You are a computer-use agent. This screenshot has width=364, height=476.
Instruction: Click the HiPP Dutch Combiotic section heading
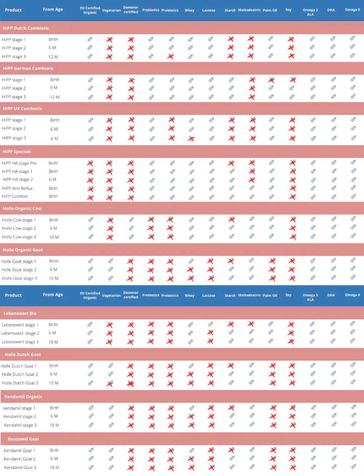[x=25, y=28]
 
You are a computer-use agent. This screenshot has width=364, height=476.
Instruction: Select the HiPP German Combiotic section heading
[x=28, y=68]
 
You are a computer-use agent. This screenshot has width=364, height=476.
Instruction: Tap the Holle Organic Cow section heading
[x=22, y=208]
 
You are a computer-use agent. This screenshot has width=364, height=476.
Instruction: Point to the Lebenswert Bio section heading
[x=20, y=313]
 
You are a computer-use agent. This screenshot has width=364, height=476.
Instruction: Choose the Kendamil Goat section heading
[x=23, y=439]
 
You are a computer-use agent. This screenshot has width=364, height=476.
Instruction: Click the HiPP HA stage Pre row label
[x=19, y=163]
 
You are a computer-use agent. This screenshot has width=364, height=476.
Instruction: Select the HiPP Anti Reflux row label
[x=17, y=188]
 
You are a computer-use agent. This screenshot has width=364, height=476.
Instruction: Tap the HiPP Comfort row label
[x=15, y=196]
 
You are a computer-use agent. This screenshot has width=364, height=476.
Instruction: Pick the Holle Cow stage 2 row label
[x=19, y=228]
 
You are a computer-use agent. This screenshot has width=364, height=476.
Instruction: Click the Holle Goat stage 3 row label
[x=20, y=279]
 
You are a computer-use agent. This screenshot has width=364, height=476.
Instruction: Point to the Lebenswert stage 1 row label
[x=20, y=325]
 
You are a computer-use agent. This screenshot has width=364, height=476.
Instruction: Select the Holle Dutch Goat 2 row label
[x=20, y=374]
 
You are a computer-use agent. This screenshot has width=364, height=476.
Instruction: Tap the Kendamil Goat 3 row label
[x=20, y=468]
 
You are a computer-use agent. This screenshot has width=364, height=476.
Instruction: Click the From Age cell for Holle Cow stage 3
[x=54, y=237]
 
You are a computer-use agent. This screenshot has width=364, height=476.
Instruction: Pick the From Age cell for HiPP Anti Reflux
[x=54, y=188]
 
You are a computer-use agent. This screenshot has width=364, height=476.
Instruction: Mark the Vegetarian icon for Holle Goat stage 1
[x=111, y=261]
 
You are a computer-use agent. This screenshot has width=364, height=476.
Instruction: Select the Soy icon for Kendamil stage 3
[x=292, y=425]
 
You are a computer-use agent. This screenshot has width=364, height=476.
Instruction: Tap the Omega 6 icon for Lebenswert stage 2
[x=352, y=332]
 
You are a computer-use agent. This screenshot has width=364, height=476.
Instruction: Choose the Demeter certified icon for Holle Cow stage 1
[x=131, y=220]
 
